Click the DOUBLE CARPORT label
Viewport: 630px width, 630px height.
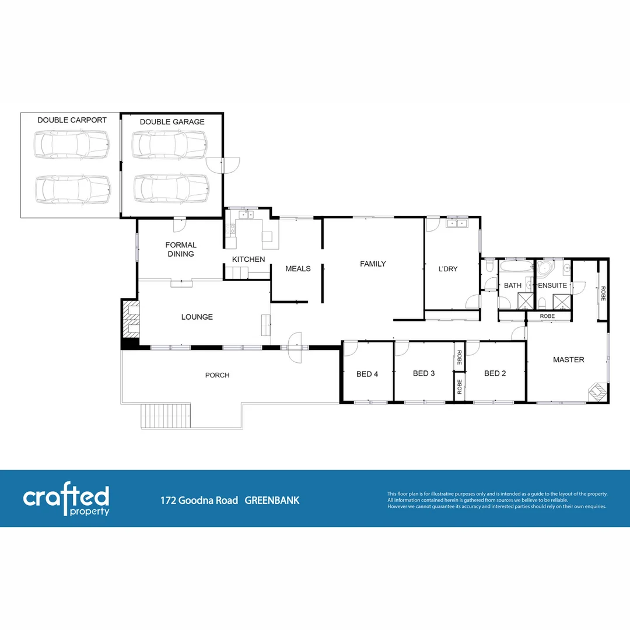click(72, 120)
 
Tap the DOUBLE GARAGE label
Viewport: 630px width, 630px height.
click(172, 122)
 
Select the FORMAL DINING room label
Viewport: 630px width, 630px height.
click(181, 250)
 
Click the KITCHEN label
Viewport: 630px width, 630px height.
click(249, 259)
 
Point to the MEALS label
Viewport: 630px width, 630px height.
click(297, 269)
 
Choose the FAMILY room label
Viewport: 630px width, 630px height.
click(373, 264)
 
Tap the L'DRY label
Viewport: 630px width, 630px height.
click(447, 269)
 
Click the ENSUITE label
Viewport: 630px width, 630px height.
click(552, 286)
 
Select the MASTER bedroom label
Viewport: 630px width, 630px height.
click(568, 360)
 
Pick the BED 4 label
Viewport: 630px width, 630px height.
click(367, 374)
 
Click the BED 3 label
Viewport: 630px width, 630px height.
click(423, 373)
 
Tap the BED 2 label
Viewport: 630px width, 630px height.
click(495, 373)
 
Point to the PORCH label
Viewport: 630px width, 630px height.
click(217, 375)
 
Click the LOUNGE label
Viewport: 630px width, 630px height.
click(197, 317)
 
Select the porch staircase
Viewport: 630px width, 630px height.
click(166, 416)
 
